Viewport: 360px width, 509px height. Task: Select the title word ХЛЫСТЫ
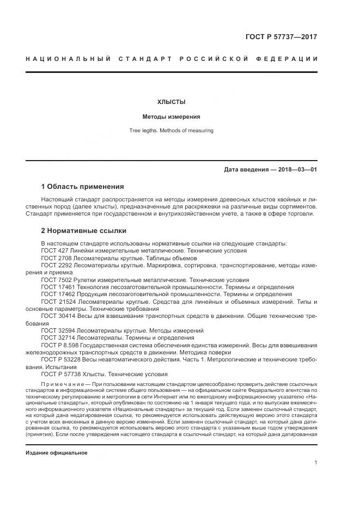(171, 102)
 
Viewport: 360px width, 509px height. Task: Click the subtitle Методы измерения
(171, 116)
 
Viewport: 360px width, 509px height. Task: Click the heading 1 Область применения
(82, 186)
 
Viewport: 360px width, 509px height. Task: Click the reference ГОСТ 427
(55, 251)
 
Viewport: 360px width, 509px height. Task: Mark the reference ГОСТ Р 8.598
(61, 345)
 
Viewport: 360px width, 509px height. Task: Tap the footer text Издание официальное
(57, 452)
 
